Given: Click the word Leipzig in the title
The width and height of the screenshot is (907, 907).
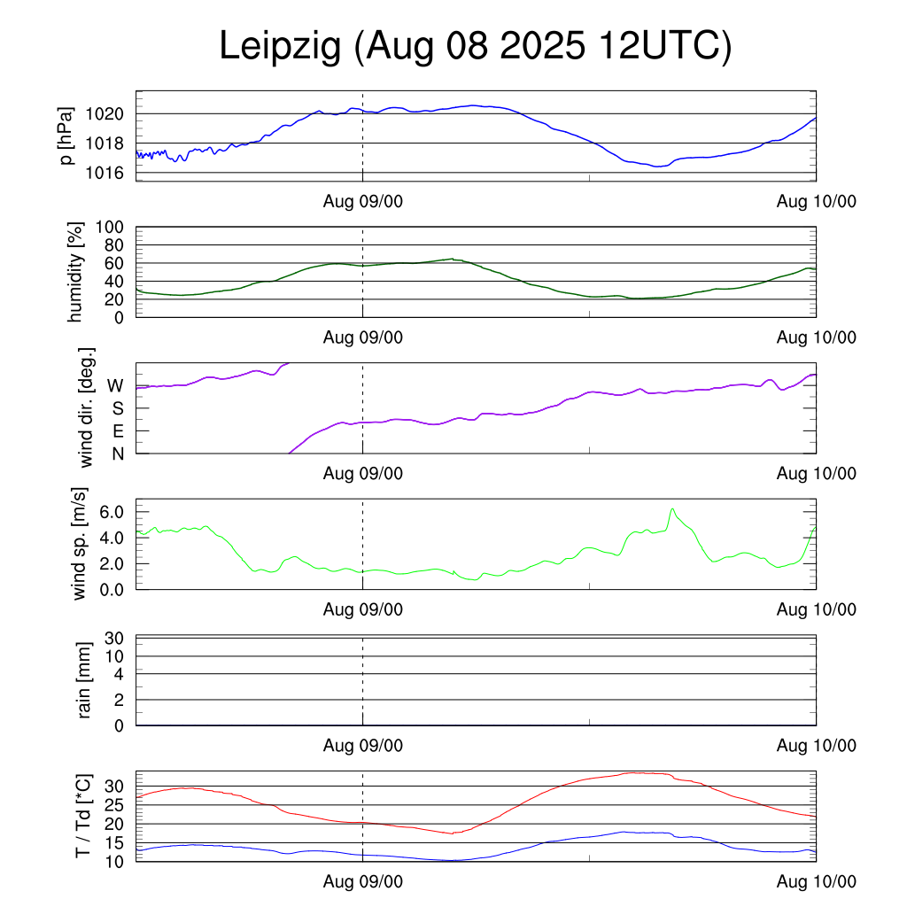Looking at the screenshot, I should click(x=280, y=47).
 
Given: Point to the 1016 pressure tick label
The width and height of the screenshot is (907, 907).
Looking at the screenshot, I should click(x=105, y=172).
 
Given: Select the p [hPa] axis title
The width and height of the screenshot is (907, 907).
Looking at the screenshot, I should click(x=66, y=136).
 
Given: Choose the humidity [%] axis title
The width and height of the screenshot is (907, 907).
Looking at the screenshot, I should click(x=75, y=272).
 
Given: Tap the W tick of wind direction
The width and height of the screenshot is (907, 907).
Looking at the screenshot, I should click(x=115, y=385).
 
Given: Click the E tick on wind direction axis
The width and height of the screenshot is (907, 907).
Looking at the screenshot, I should click(x=117, y=430).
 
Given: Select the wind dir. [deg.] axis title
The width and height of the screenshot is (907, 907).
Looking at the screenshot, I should click(x=87, y=407).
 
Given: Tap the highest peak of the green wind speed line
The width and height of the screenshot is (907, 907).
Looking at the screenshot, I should click(x=673, y=508).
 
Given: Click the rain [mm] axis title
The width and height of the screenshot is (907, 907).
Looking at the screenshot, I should click(x=86, y=680).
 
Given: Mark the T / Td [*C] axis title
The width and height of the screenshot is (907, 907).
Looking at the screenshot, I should click(x=82, y=816).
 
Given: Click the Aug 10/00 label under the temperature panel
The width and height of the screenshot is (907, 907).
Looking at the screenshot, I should click(x=816, y=881).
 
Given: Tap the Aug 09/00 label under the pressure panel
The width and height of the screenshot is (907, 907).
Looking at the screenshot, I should click(x=362, y=202).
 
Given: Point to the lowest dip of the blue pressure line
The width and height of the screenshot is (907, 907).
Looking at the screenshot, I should click(x=657, y=167).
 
